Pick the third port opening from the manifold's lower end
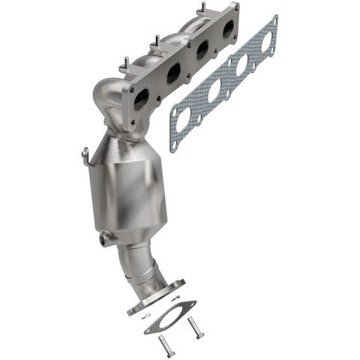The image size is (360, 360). tap(202, 51)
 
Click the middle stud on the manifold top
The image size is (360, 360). tap(156, 40)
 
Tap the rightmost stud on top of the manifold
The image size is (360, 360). tap(201, 9)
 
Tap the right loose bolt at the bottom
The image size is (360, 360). tap(196, 327)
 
